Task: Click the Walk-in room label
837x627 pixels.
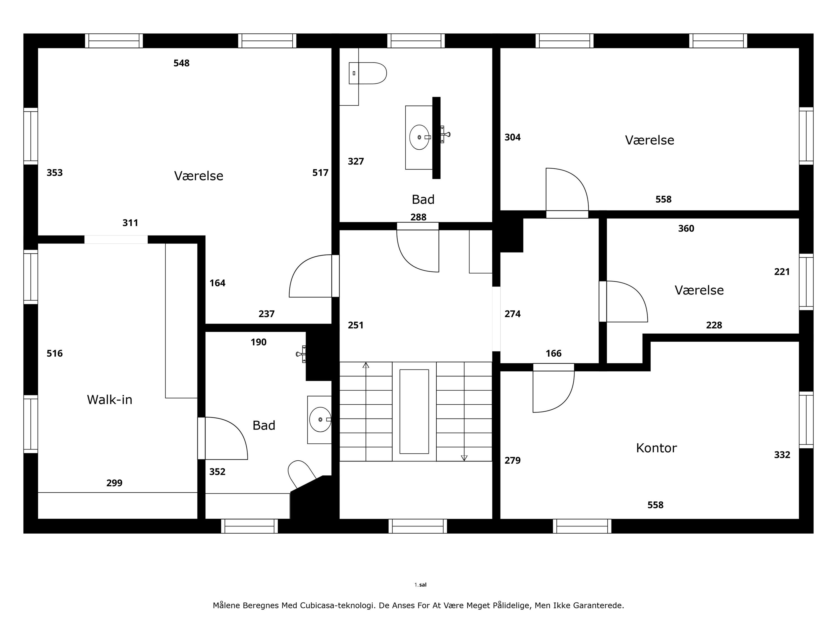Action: (x=110, y=400)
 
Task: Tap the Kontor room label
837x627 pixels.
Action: (x=656, y=448)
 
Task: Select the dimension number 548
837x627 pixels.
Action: (x=182, y=63)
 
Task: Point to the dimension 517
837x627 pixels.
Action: (x=321, y=173)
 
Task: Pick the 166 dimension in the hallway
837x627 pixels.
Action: (x=554, y=353)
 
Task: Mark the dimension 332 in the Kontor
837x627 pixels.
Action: (x=782, y=455)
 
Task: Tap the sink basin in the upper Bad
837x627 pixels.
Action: (x=420, y=137)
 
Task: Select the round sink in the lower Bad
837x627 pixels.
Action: (x=320, y=419)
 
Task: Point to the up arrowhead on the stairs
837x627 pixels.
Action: (x=366, y=365)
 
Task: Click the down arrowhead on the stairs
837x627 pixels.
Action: (x=464, y=458)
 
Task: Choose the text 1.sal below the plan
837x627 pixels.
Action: (x=420, y=585)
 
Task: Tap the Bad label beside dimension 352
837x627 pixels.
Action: (x=264, y=426)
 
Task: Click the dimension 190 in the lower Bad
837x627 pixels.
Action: (x=259, y=342)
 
